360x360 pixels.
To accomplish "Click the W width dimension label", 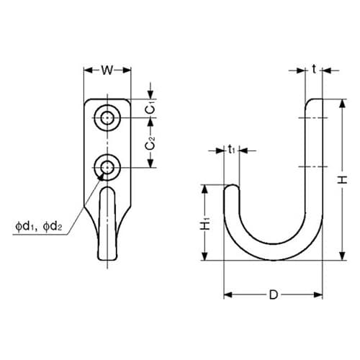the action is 107,71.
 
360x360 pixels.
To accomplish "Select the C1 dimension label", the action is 150,109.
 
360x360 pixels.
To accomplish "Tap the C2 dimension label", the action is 150,143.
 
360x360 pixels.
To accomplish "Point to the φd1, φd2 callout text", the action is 39,226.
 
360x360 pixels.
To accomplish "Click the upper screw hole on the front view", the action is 107,118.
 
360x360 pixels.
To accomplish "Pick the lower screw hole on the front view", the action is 107,167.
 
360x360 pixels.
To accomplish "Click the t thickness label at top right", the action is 314,70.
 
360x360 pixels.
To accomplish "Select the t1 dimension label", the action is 231,150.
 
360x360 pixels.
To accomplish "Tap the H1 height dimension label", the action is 205,223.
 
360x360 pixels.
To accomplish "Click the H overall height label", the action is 343,179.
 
